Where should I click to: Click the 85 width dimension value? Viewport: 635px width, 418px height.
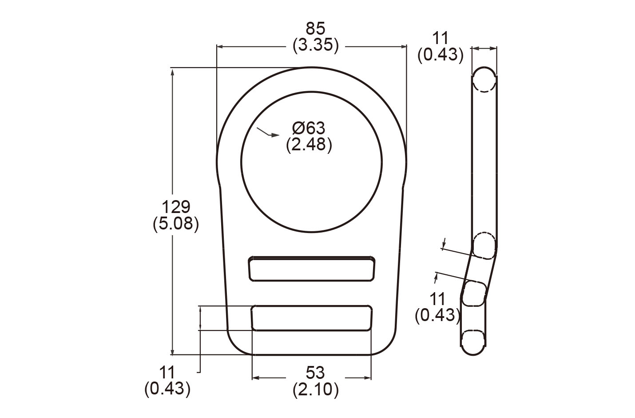tap(315, 29)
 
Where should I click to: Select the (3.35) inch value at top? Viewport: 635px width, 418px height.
tap(315, 45)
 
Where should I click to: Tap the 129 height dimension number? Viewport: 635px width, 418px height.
tap(175, 207)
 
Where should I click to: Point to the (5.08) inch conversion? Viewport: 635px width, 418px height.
tap(175, 224)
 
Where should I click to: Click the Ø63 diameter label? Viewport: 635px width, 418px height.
tap(309, 129)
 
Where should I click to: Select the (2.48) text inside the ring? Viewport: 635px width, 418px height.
tap(309, 145)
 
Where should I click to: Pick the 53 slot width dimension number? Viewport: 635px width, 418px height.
tap(315, 372)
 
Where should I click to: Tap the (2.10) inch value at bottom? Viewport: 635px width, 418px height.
tap(315, 390)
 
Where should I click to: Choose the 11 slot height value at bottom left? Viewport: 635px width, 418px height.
tap(167, 372)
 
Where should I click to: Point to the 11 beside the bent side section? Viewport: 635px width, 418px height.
tap(437, 298)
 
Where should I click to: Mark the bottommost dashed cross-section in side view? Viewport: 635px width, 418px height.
tap(473, 342)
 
